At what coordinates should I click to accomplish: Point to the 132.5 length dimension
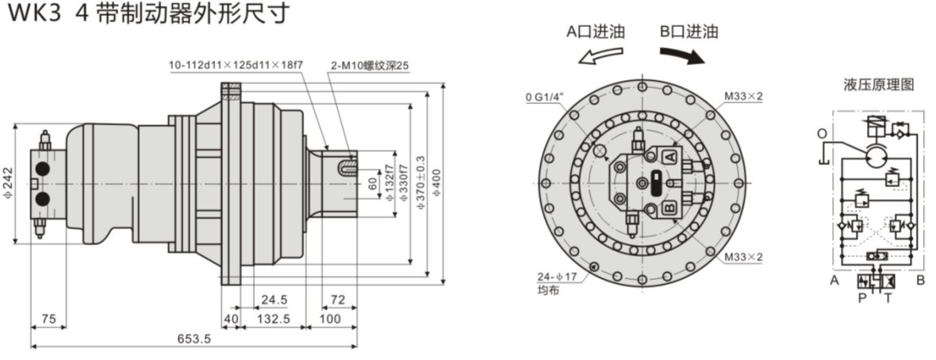point(274,319)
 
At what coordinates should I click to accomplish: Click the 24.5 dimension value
point(273,300)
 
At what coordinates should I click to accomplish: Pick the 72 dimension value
point(337,300)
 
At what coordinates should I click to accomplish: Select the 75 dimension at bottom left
point(48,319)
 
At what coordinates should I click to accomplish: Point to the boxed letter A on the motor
point(669,156)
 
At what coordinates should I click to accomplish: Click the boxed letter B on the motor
point(669,209)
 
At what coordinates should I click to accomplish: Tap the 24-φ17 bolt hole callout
point(557,277)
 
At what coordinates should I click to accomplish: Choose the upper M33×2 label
point(743,96)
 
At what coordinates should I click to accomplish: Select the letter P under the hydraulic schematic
point(861,298)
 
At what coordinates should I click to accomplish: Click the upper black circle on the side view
point(43,169)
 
